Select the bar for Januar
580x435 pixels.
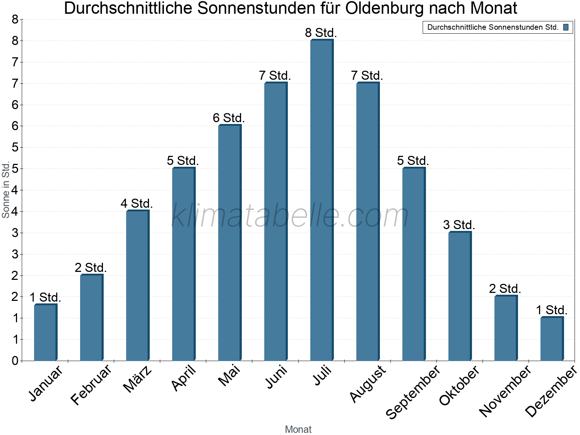click(x=45, y=332)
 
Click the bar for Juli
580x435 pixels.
click(x=322, y=200)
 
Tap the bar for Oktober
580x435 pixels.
click(x=460, y=296)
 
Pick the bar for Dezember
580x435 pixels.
click(x=552, y=339)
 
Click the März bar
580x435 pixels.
click(x=137, y=286)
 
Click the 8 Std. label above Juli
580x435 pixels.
click(x=321, y=33)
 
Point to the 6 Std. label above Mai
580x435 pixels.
click(x=229, y=118)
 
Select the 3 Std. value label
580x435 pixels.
click(x=459, y=225)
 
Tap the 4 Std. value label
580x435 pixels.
click(x=137, y=203)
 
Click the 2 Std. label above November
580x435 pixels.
click(x=505, y=289)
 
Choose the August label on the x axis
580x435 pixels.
click(x=368, y=384)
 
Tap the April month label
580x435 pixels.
click(x=184, y=378)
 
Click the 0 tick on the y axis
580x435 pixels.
click(x=15, y=361)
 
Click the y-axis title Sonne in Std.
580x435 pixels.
click(x=6, y=190)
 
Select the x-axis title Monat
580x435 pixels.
click(x=298, y=429)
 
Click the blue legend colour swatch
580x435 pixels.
click(x=566, y=27)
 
